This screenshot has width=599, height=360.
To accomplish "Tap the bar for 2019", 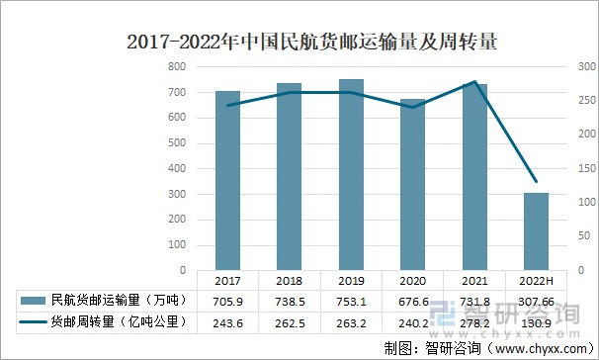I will coord(351,174).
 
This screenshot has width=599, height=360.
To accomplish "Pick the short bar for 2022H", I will coord(537,231).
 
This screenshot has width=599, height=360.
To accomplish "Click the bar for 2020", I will coord(412,184).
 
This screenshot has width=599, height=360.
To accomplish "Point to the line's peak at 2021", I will coord(475,82).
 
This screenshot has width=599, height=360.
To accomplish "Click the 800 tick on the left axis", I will coord(176,66).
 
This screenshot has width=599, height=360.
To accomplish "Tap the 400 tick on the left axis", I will coord(176,168).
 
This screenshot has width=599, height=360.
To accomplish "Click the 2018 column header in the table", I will coord(290,280).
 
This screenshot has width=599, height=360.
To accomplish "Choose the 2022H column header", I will coord(537,280).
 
